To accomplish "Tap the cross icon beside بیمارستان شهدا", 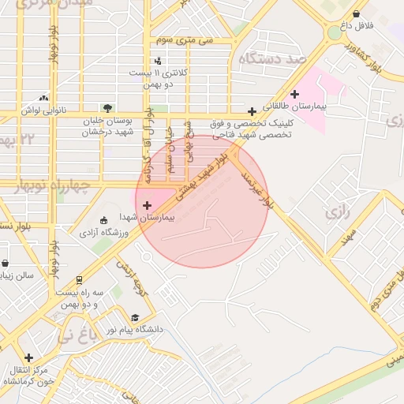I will pos(148,205).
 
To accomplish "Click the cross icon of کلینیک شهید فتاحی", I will pos(252,111).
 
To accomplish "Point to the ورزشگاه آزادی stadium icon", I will pos(104,220).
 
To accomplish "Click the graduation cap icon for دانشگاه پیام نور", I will pos(134,317).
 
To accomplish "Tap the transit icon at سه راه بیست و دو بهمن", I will pos(79,280).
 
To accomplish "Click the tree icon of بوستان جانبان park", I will pos(107,108).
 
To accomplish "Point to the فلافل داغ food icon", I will pos(357,13).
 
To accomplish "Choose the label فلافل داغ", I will pos(357,26).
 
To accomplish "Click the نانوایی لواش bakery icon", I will pos(44,98).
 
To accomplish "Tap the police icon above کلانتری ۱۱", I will pos(158,61).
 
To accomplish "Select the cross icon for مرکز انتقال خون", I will pos(29,357).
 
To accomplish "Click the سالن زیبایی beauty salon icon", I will pos(6,264).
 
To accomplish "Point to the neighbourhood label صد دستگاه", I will pos(274,58).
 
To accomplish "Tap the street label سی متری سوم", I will pos(185,39).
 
